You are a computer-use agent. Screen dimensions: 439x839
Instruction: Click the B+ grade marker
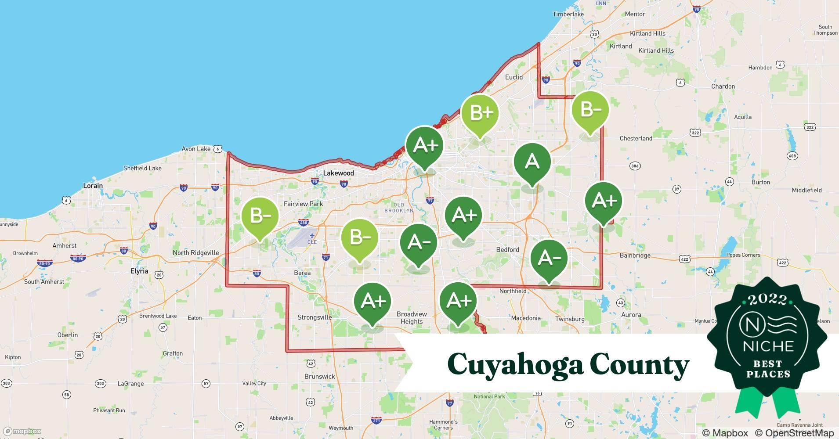(480, 113)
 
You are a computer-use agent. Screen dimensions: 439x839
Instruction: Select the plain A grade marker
(532, 162)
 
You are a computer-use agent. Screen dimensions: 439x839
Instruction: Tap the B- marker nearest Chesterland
(590, 110)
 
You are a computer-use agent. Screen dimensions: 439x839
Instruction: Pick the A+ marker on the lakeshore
(425, 145)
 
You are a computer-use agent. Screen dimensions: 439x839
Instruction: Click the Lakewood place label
(338, 173)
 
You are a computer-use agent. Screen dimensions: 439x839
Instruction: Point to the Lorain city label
(93, 186)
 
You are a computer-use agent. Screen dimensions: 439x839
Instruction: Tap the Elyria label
(139, 271)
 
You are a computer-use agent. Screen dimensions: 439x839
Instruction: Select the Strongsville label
(315, 317)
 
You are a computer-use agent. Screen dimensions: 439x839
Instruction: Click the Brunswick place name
(319, 376)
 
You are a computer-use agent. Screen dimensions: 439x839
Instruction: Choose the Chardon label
(723, 86)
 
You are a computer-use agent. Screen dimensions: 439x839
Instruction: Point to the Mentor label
(635, 14)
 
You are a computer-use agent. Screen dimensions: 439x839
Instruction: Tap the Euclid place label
(514, 77)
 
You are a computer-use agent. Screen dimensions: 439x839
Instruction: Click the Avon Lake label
(196, 149)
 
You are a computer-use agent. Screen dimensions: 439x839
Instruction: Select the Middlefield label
(806, 190)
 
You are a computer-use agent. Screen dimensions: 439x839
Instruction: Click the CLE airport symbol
(312, 236)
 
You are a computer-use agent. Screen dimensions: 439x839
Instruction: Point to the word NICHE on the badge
(768, 346)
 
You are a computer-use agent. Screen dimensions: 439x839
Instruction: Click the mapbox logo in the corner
(22, 431)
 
